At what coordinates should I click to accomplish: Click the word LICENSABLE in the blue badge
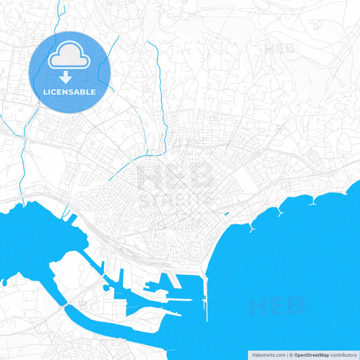coord(70,92)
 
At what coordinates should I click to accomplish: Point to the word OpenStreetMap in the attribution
coord(311,355)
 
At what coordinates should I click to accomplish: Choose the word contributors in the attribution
coord(344,355)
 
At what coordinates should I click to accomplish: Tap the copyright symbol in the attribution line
coord(291,355)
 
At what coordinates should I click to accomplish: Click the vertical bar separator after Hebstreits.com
coord(286,355)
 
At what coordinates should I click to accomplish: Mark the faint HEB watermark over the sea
coord(277,306)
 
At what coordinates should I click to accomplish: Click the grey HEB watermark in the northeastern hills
coord(280,48)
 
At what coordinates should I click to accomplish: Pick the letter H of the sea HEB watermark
coord(257,307)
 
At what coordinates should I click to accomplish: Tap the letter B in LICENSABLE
coord(83,92)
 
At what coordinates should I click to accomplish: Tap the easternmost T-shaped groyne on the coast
coord(313,201)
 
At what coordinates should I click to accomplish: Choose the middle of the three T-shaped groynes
coord(279,211)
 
